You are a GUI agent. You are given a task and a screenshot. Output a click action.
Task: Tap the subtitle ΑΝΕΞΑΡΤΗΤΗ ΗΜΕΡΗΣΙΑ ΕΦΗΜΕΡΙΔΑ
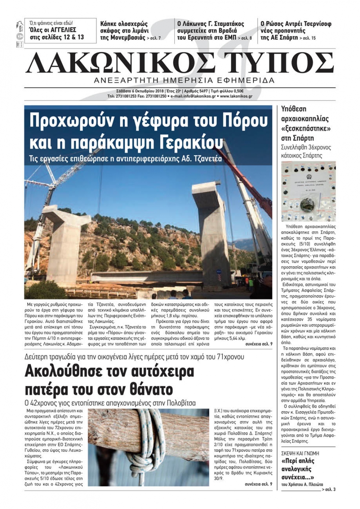pyautogui.click(x=184, y=80)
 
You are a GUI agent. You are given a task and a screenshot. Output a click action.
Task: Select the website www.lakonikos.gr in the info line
pyautogui.click(x=236, y=96)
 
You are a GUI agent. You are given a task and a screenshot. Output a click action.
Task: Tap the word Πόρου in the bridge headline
pyautogui.click(x=246, y=121)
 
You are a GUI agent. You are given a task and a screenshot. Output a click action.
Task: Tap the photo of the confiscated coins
pyautogui.click(x=308, y=191)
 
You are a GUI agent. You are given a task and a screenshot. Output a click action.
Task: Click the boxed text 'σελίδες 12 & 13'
pyautogui.click(x=56, y=37)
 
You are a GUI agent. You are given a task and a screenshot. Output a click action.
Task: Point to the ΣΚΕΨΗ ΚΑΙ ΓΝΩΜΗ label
pyautogui.click(x=300, y=454)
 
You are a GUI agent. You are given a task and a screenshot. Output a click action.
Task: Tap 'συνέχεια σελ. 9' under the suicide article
pyautogui.click(x=258, y=484)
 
